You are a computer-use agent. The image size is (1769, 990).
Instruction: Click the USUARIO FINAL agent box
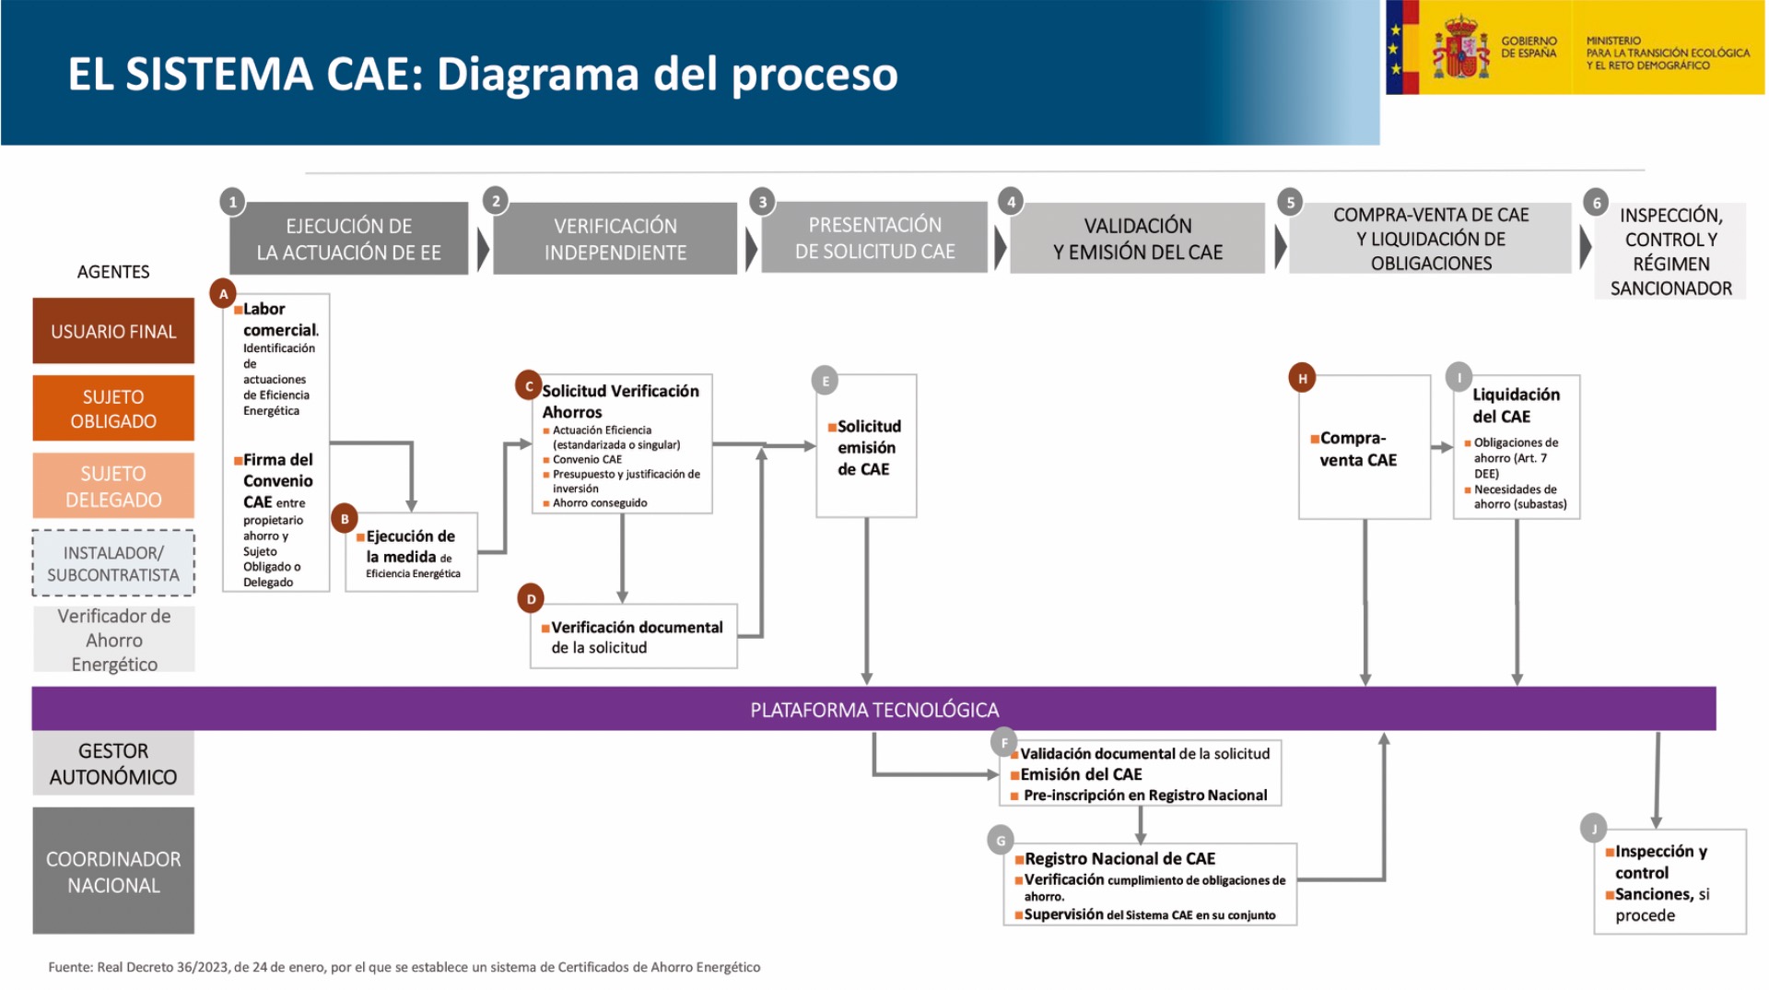[113, 331]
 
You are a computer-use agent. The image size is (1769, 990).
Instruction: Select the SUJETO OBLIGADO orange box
[113, 408]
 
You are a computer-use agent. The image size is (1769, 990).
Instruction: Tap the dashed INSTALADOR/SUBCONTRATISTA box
[113, 563]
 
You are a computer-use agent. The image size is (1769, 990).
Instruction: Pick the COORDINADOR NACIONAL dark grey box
[113, 871]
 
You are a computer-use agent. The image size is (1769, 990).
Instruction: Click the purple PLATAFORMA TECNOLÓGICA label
[874, 710]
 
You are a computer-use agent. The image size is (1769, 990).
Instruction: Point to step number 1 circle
[232, 201]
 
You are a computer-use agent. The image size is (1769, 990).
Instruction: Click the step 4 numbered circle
[1011, 201]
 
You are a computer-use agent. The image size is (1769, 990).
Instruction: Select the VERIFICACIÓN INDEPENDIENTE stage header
[615, 239]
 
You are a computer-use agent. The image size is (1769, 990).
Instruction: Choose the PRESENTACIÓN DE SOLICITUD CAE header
[875, 238]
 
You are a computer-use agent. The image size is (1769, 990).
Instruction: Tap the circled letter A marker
[223, 294]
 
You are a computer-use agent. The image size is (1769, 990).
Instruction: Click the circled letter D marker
[531, 599]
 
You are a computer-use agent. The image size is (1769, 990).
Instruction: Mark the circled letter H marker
[1302, 378]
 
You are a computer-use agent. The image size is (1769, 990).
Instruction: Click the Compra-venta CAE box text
[1353, 449]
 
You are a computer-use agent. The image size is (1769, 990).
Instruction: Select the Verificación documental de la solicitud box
[634, 636]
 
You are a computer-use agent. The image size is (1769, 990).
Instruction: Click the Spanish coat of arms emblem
[1461, 47]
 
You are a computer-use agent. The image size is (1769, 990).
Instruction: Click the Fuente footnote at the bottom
[404, 967]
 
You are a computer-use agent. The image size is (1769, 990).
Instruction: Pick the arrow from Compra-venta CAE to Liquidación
[1442, 447]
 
